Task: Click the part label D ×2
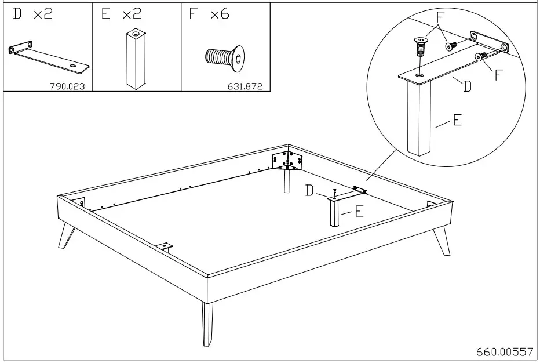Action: [x=32, y=14]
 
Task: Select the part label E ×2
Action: [x=121, y=14]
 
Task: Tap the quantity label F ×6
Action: [x=209, y=14]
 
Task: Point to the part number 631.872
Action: [x=246, y=86]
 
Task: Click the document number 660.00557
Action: [x=504, y=352]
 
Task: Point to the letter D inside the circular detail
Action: [x=466, y=86]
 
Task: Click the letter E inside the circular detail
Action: [x=457, y=121]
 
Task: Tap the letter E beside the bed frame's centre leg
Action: [x=359, y=212]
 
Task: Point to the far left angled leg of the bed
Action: [x=67, y=235]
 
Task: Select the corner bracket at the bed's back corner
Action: [x=287, y=160]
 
